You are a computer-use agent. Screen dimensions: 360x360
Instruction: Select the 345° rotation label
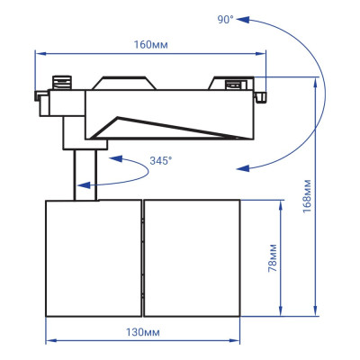click(162, 161)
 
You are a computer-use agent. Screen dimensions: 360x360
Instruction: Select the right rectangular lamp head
click(193, 258)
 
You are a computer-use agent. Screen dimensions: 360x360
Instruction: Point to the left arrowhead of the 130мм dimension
click(49, 341)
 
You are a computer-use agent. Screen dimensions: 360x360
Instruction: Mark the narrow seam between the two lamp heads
click(141, 258)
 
